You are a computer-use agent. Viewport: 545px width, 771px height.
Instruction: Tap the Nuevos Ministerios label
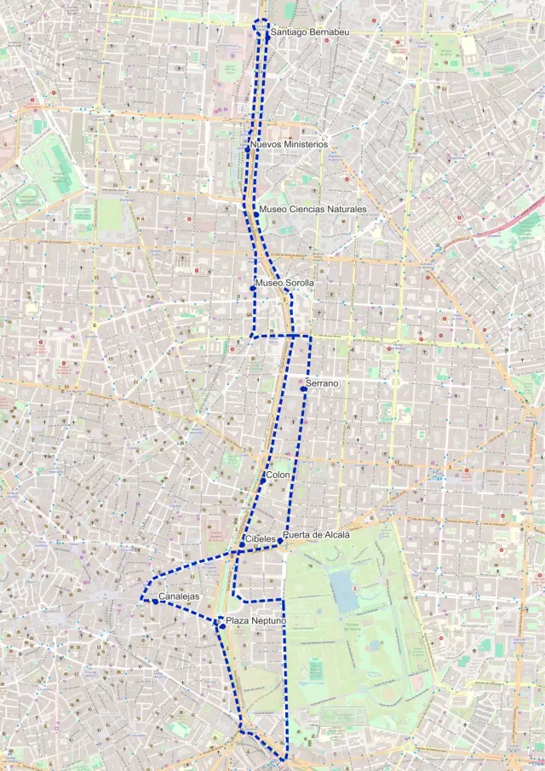[290, 145]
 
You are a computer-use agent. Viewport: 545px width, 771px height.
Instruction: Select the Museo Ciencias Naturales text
[313, 209]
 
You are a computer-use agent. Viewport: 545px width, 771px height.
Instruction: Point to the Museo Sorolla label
[284, 283]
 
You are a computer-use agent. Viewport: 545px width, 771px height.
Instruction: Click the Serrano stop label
[322, 383]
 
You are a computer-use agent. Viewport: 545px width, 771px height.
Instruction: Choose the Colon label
[278, 475]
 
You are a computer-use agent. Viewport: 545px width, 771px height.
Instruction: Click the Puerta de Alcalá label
[318, 535]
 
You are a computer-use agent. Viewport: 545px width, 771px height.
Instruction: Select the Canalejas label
[179, 596]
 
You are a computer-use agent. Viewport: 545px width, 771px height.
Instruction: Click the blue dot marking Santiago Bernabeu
[267, 37]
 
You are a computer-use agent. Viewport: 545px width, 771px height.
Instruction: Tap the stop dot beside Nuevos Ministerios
[248, 149]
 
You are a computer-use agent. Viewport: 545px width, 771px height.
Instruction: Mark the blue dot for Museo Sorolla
[253, 289]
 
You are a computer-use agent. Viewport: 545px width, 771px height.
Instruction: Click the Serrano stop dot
[303, 388]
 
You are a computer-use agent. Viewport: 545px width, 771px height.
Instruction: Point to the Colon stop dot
[263, 481]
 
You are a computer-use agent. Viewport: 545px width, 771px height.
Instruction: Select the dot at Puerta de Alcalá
[280, 540]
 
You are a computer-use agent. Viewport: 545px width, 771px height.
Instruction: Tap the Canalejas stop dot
[155, 601]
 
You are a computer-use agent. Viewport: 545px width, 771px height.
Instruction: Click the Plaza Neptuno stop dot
[222, 626]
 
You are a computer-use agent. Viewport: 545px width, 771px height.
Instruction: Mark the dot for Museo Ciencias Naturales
[256, 214]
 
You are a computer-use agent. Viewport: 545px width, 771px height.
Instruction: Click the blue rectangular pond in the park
[344, 590]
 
